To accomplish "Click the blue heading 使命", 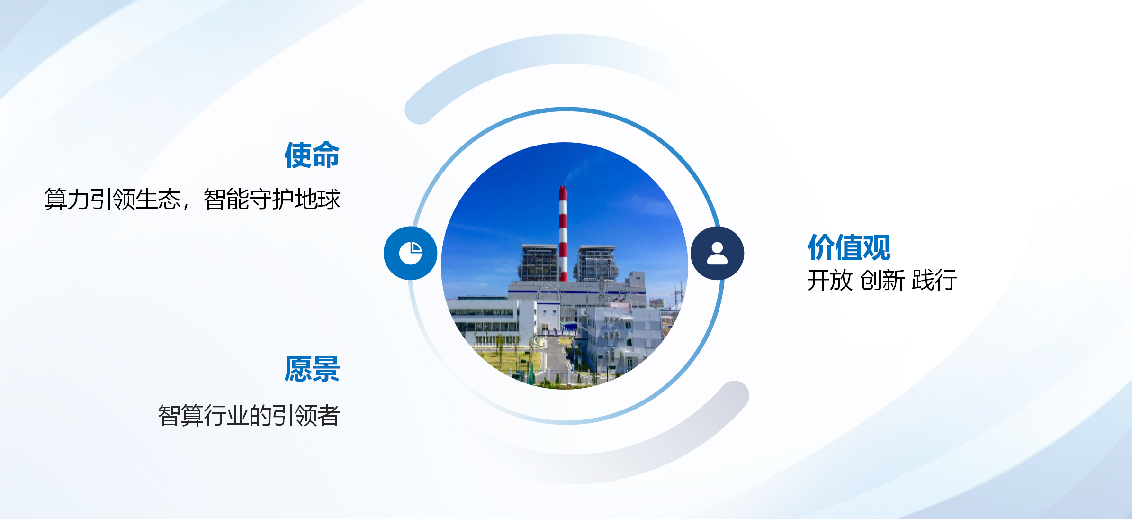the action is (x=312, y=155).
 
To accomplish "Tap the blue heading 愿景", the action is (x=312, y=369).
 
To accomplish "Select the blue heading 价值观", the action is (x=849, y=247).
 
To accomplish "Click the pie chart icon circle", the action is (x=410, y=253).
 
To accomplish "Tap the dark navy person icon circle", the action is (x=717, y=253).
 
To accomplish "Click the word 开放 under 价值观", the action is (x=830, y=280).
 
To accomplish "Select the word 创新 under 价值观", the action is (x=882, y=280).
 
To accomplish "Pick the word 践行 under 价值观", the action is (x=934, y=280).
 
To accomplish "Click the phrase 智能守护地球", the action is (x=272, y=199).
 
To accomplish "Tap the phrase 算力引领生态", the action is (x=112, y=199).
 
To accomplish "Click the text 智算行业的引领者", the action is (x=249, y=416).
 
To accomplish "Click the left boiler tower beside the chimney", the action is (x=539, y=263).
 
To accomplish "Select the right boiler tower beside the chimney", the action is (x=595, y=263).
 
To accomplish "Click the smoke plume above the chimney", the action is (x=575, y=171).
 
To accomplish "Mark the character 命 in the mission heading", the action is (x=326, y=155).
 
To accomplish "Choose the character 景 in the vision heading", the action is (x=326, y=369).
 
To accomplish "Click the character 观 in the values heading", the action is (x=877, y=247).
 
